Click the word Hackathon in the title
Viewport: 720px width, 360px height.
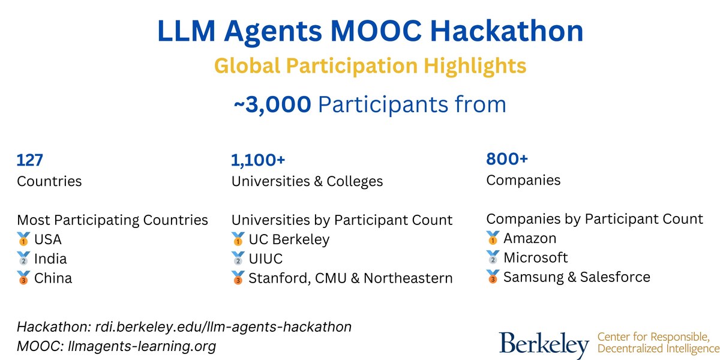click(x=506, y=31)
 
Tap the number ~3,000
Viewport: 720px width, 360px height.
click(x=272, y=105)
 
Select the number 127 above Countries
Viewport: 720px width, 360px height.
click(x=29, y=160)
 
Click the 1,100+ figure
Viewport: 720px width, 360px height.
click(x=258, y=160)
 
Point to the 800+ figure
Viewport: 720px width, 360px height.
click(x=507, y=159)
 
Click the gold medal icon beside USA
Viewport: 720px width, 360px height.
click(x=23, y=239)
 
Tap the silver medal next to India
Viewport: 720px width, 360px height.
click(x=23, y=259)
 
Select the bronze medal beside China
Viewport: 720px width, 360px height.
click(x=23, y=278)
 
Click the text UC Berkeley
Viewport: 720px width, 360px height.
click(x=289, y=239)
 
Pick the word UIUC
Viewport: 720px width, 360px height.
click(x=265, y=259)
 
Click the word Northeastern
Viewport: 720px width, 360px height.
click(x=408, y=278)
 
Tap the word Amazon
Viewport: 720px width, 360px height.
click(x=530, y=239)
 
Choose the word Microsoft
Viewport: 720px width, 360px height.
click(x=535, y=258)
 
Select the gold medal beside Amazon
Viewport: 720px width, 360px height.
click(x=493, y=238)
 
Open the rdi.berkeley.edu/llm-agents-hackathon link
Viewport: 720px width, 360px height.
click(x=223, y=327)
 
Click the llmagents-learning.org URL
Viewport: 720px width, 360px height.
click(x=142, y=347)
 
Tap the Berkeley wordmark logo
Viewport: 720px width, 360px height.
click(x=544, y=345)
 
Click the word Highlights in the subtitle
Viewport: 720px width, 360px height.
click(x=475, y=66)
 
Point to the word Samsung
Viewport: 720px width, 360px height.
click(x=533, y=277)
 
